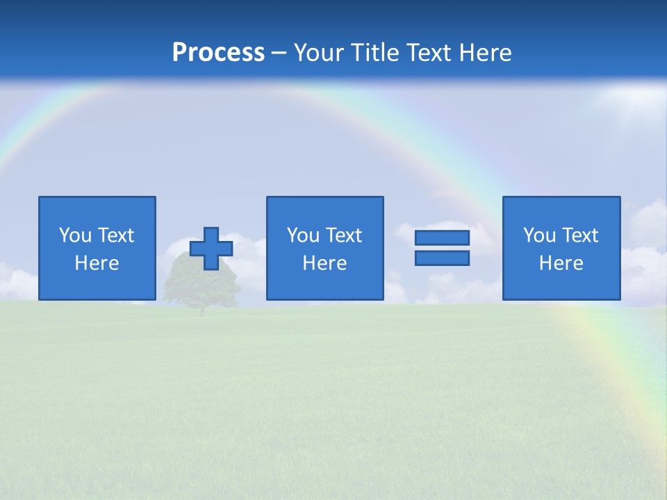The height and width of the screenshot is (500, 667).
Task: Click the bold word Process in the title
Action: click(218, 53)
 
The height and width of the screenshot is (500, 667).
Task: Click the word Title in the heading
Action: click(377, 53)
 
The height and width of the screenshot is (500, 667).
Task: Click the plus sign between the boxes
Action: click(211, 249)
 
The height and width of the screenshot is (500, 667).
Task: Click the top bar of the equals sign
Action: click(442, 238)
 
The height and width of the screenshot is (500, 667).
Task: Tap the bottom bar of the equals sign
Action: click(442, 258)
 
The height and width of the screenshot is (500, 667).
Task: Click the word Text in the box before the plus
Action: click(115, 235)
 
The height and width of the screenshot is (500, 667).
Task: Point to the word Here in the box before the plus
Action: click(97, 263)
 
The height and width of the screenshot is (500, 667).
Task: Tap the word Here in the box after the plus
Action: click(324, 263)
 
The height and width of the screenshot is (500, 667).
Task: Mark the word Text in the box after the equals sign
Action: click(579, 235)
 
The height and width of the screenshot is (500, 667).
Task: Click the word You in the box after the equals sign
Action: click(539, 235)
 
